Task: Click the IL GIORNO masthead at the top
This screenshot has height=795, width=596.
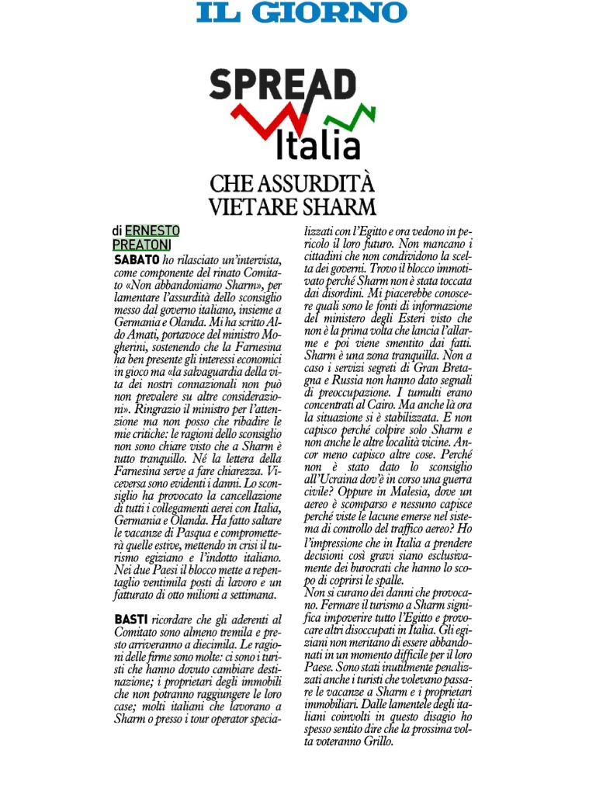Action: [x=302, y=12]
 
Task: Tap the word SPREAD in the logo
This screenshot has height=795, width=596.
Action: [x=282, y=85]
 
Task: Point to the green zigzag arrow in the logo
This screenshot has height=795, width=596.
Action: [x=348, y=117]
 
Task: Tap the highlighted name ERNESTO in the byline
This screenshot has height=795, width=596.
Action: [x=152, y=231]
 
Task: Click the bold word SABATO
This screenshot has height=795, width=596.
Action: [x=137, y=259]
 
